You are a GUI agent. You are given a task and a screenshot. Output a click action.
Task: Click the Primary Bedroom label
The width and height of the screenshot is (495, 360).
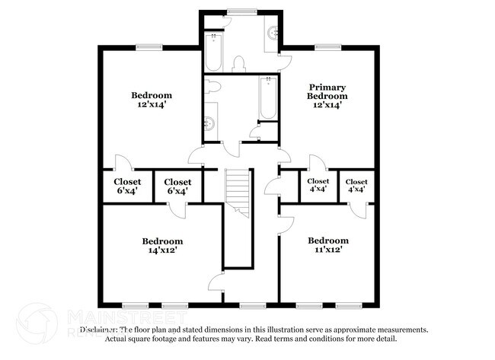(327, 91)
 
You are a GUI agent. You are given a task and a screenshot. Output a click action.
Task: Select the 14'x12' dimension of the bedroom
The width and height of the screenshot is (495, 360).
(161, 250)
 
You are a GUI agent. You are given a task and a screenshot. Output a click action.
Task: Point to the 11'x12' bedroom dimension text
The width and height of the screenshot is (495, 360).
(328, 250)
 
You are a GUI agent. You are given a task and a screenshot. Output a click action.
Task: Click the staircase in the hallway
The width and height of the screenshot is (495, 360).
(238, 194)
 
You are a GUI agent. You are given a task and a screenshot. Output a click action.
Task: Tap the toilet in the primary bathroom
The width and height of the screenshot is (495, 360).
(238, 62)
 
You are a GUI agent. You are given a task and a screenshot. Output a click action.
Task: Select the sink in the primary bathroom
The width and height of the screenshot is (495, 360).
(273, 33)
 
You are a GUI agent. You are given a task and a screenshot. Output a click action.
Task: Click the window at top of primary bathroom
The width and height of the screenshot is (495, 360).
(241, 11)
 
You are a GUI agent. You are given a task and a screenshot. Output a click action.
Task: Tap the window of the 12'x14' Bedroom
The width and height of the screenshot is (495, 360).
(150, 46)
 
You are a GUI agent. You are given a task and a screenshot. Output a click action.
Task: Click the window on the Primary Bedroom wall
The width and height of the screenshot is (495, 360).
(327, 46)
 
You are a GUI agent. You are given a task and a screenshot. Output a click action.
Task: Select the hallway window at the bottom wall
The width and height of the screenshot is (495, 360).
(250, 305)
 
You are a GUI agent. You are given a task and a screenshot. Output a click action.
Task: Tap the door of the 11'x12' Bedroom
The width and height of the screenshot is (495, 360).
(286, 225)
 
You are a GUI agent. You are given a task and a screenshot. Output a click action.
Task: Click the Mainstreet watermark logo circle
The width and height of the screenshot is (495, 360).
(37, 323)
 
